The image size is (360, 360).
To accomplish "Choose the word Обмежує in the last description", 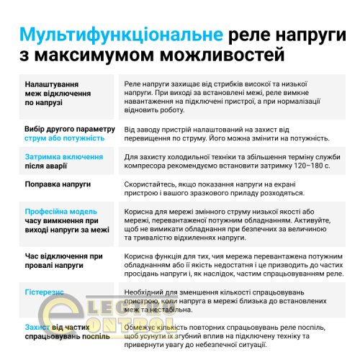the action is tap(143, 326).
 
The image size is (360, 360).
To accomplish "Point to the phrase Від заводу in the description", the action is tap(143, 129).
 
